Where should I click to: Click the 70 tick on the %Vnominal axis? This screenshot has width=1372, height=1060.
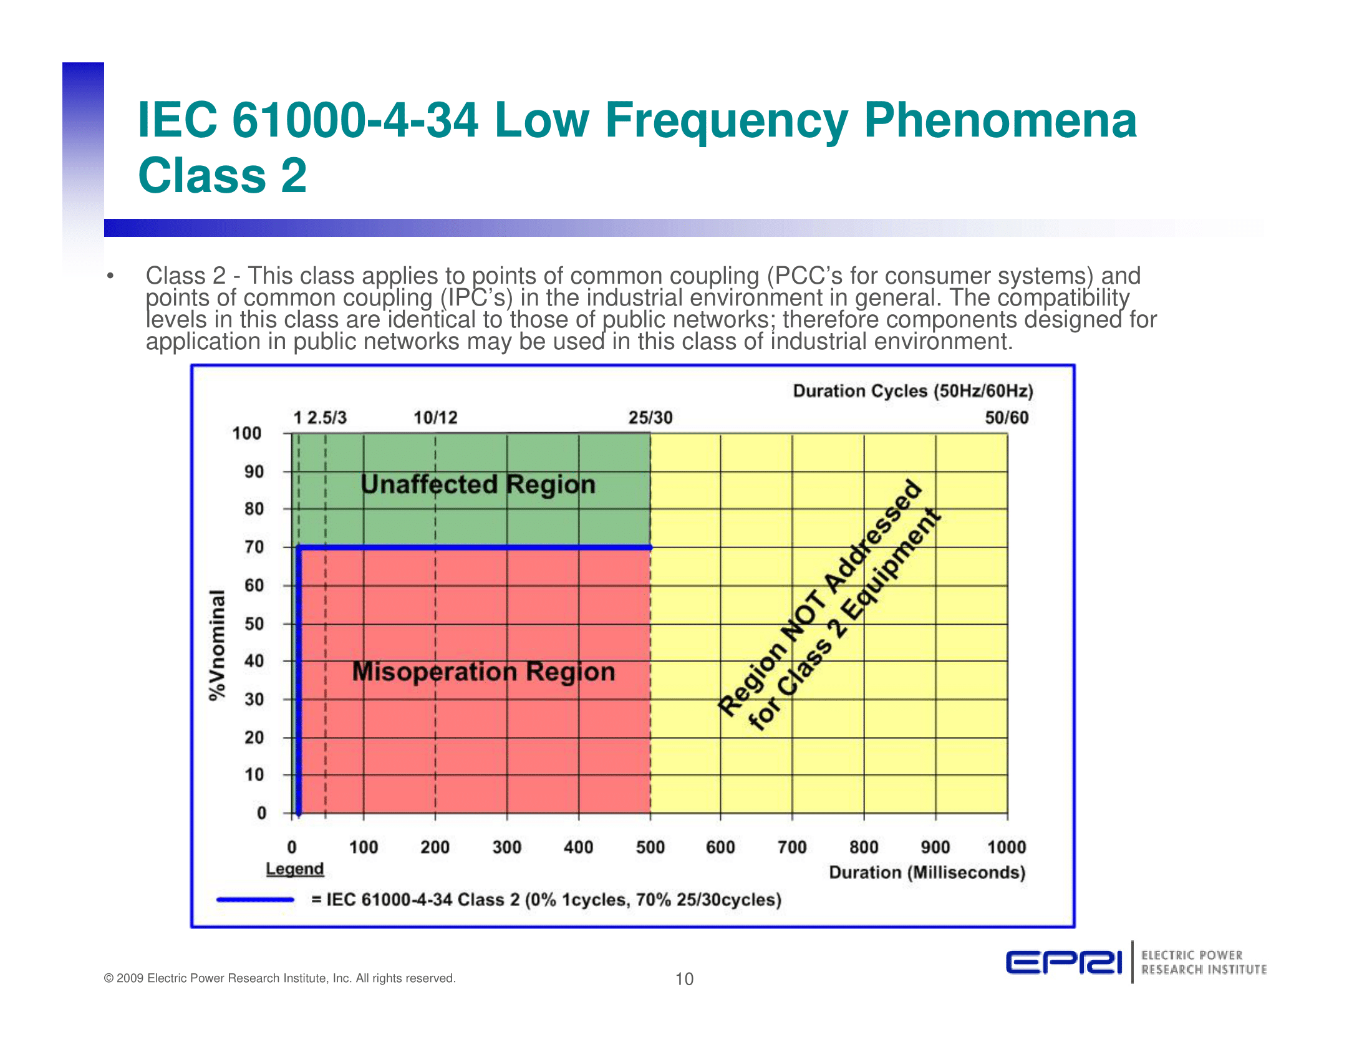pyautogui.click(x=254, y=547)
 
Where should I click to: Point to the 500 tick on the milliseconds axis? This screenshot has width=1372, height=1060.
pyautogui.click(x=650, y=847)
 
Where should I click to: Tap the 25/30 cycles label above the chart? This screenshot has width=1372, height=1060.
pyautogui.click(x=650, y=418)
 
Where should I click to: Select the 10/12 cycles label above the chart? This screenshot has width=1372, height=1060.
pyautogui.click(x=435, y=418)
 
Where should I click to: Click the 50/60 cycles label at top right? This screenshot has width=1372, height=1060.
pyautogui.click(x=1007, y=418)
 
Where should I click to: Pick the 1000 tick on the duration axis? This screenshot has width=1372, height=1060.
pyautogui.click(x=1007, y=847)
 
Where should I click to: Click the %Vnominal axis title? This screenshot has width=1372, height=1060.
pyautogui.click(x=217, y=645)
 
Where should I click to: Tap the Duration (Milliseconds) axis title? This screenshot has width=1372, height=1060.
pyautogui.click(x=927, y=872)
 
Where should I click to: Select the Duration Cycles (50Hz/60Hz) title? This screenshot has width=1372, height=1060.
pyautogui.click(x=913, y=391)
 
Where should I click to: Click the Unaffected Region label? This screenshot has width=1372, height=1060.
pyautogui.click(x=478, y=484)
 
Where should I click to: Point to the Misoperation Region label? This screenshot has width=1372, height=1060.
pyautogui.click(x=483, y=672)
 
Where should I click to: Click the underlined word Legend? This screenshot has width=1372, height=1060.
pyautogui.click(x=294, y=869)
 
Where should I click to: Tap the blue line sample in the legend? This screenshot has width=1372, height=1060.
pyautogui.click(x=255, y=900)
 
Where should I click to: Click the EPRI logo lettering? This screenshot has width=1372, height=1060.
pyautogui.click(x=1063, y=962)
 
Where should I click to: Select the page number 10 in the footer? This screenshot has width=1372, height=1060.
pyautogui.click(x=684, y=979)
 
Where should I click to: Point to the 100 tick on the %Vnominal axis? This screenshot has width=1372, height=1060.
pyautogui.click(x=246, y=433)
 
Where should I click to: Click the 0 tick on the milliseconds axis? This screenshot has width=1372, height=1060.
pyautogui.click(x=291, y=847)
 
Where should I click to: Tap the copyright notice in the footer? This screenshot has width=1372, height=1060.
pyautogui.click(x=279, y=978)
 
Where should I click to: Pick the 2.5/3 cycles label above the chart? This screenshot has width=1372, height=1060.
pyautogui.click(x=327, y=418)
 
